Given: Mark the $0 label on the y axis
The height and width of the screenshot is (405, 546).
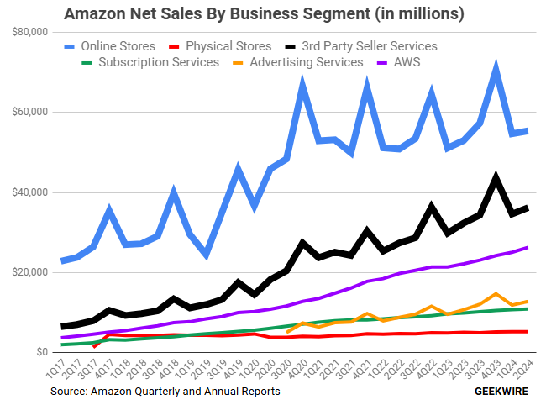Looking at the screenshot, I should (x=40, y=352).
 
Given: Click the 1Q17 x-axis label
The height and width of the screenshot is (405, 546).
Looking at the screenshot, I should (x=55, y=370).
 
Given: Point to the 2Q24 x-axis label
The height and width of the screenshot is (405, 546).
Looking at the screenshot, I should (x=525, y=370).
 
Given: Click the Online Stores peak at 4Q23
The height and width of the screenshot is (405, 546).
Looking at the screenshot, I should (x=496, y=67).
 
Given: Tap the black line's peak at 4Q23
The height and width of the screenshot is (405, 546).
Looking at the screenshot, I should (x=496, y=177).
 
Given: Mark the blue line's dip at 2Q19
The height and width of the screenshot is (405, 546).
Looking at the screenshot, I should (x=207, y=255).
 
